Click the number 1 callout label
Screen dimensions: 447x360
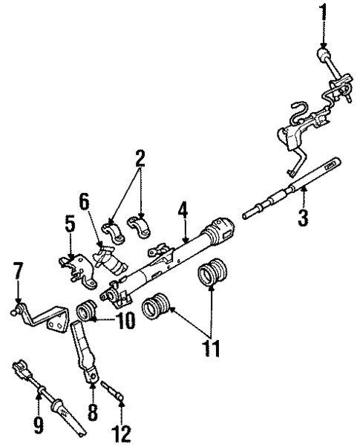[323, 13]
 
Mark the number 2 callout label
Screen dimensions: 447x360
[139, 158]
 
